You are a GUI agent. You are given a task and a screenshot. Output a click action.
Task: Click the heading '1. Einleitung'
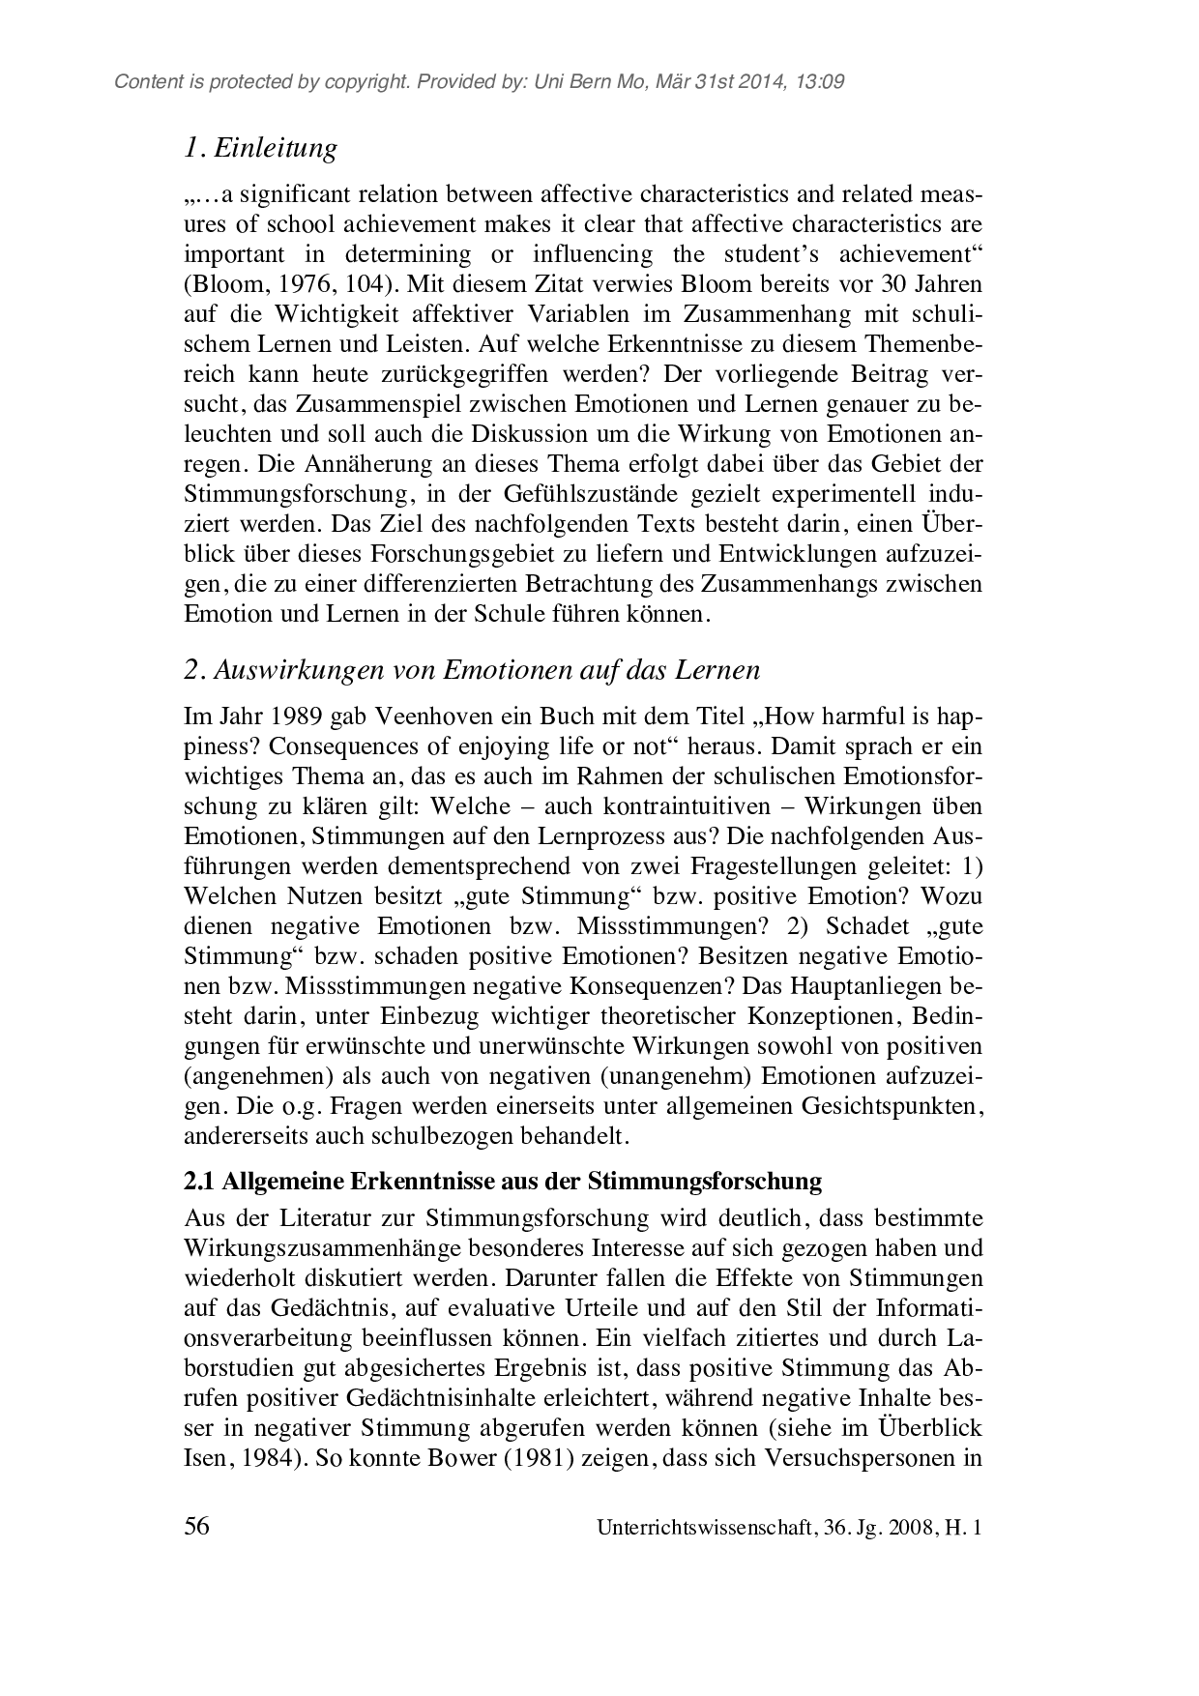[261, 148]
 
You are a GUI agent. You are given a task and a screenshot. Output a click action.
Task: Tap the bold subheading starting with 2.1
[503, 1181]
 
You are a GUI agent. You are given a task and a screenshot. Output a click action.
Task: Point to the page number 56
[197, 1527]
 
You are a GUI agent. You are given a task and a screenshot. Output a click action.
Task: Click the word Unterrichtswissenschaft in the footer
[705, 1529]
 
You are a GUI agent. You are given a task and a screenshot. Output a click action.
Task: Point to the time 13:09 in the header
[821, 82]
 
